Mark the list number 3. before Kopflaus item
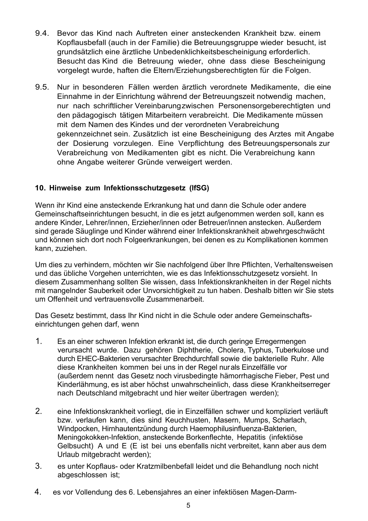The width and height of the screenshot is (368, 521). coord(38,466)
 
